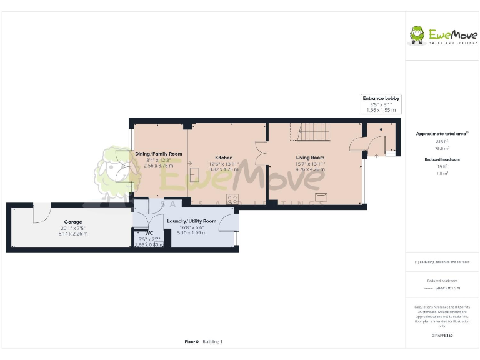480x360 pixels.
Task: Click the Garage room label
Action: pos(73,222)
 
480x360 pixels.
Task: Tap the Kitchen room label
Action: pos(224,157)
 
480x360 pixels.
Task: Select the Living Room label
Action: pos(310,157)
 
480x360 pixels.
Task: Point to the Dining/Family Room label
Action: pos(159,154)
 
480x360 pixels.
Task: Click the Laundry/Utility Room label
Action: pos(191,221)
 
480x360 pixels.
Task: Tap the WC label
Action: pos(149,233)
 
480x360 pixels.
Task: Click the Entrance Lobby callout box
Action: pos(381,104)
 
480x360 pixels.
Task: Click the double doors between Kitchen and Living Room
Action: pos(261,152)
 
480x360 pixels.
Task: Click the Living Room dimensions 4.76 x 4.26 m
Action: pos(310,169)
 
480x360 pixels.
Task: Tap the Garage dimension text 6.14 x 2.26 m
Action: pos(73,233)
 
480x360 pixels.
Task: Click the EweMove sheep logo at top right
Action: pos(417,34)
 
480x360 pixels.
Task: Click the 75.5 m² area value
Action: pos(442,149)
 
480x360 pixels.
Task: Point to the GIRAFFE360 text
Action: pos(442,336)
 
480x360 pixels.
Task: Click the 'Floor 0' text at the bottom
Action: pos(191,342)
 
